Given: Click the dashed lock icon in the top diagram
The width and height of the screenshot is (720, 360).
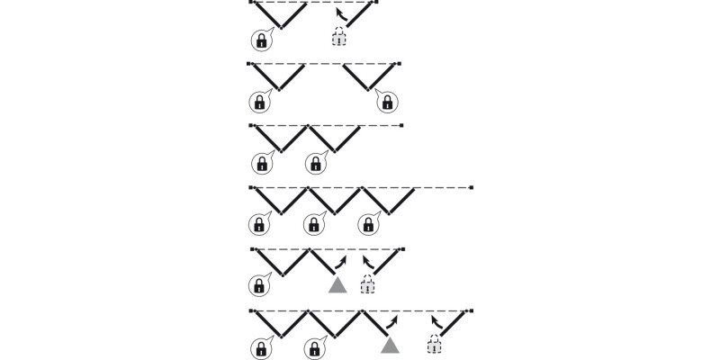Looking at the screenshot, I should point(338,37).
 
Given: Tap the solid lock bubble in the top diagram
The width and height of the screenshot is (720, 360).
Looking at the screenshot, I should point(260,39).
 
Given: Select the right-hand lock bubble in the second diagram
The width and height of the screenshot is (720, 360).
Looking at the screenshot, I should point(385,101).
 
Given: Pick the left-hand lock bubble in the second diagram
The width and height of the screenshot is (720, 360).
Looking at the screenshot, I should point(260,101).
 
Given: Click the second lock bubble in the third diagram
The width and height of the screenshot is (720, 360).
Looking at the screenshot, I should point(315,163).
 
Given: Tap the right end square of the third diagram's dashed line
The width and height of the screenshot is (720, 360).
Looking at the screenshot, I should point(401,125).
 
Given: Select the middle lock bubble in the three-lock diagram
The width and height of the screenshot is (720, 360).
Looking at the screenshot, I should point(315,224).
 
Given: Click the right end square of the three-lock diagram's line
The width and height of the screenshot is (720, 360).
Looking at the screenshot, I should point(472,187).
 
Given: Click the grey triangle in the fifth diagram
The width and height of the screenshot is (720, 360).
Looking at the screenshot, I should point(337,285).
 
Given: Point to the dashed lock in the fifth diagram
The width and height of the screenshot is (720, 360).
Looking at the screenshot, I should point(367,286).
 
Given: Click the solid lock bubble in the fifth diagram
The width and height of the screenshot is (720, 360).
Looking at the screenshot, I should point(260,286).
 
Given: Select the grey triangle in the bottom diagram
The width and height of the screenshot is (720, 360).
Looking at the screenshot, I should point(390,346).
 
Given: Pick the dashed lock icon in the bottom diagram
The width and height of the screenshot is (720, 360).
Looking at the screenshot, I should point(436,345).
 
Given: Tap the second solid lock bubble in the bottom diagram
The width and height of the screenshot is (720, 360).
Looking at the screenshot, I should point(315,346).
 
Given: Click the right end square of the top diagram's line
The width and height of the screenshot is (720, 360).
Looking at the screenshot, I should point(376,3).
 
